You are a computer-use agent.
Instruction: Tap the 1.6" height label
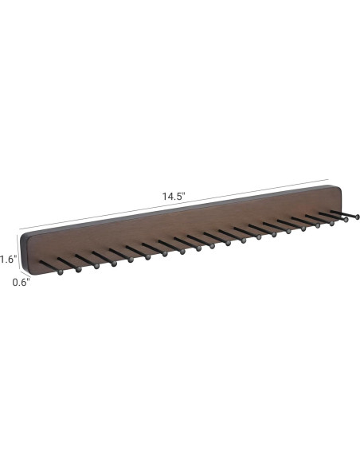coord(8,259)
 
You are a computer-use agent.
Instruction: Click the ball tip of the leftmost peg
coord(61,272)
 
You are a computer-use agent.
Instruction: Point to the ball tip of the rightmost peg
coord(358,216)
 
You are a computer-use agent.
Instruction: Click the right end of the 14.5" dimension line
coord(331,179)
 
